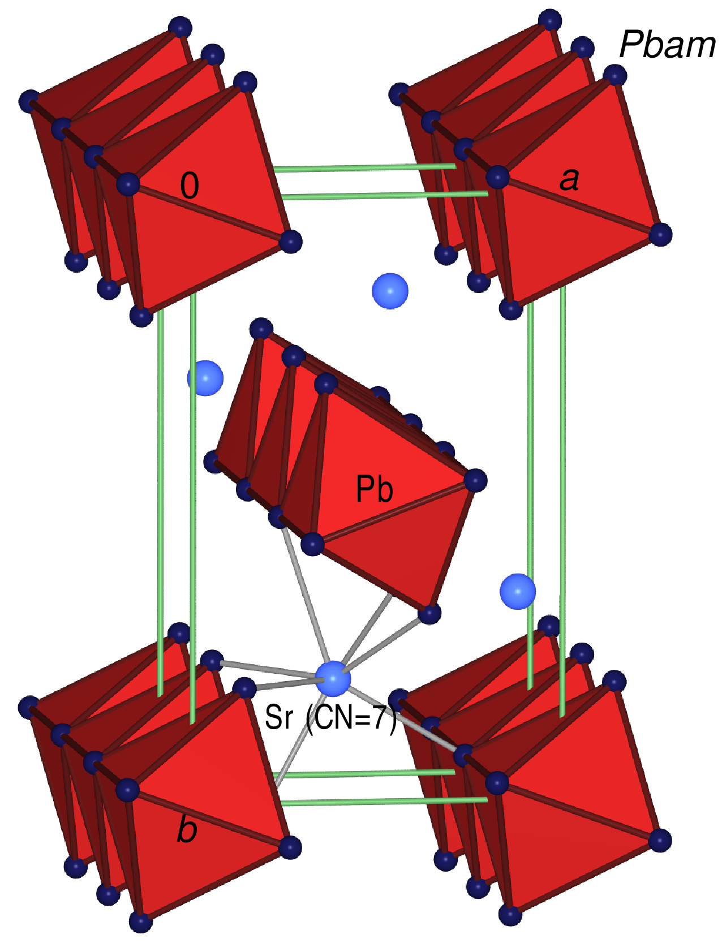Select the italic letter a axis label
(569, 179)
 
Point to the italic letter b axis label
(187, 829)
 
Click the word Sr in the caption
(279, 717)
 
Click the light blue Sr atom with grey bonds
(333, 678)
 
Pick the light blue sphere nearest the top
(390, 291)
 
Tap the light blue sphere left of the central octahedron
(205, 378)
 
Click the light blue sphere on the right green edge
(518, 591)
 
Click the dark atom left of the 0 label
(128, 184)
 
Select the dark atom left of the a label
(497, 177)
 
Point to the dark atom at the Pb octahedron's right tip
(475, 480)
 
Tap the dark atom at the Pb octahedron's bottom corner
(429, 613)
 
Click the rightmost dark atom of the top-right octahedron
(660, 234)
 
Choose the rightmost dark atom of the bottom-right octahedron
(660, 840)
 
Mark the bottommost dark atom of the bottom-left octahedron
(140, 922)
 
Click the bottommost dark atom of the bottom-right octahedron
(510, 914)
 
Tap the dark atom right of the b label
(290, 847)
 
